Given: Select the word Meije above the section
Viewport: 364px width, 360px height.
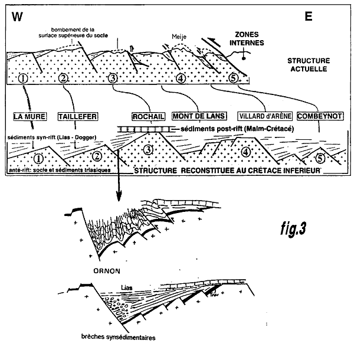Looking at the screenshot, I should coord(179,35).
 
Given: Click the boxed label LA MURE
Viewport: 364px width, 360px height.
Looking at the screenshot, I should coord(30,116).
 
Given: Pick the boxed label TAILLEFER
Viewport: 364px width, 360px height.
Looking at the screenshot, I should coord(78,116).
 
